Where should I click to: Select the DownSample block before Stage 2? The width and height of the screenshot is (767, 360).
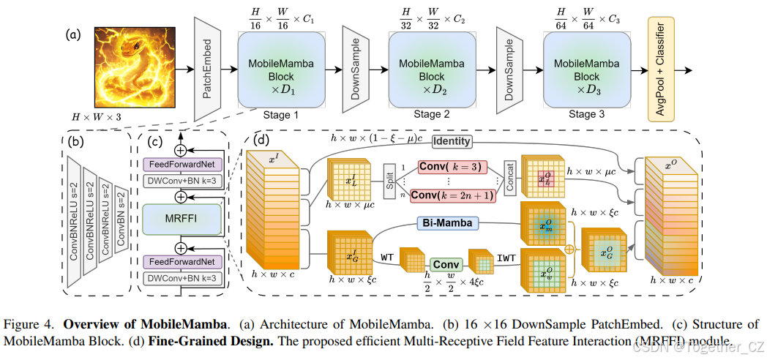pos(355,67)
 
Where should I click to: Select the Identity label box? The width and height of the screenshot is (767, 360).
pos(452,140)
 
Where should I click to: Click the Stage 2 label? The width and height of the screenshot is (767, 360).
pos(427,114)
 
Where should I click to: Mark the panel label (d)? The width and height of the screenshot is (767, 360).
pos(260,137)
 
